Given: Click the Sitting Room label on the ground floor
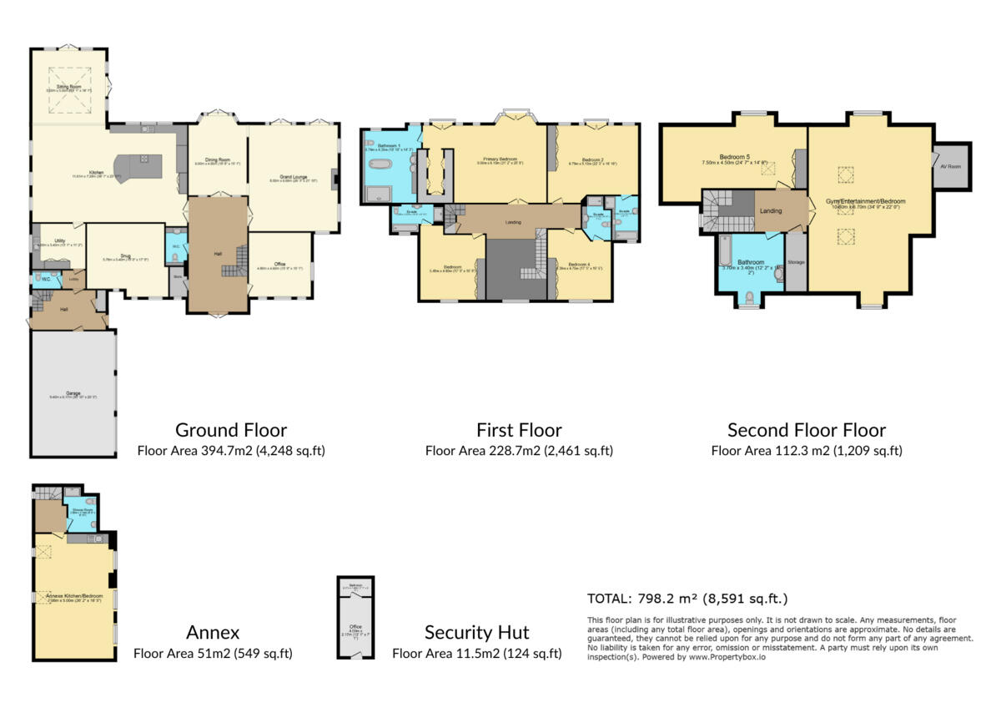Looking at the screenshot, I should pyautogui.click(x=68, y=86).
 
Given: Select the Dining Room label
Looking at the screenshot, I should pyautogui.click(x=218, y=160).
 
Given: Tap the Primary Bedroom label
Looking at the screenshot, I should pyautogui.click(x=500, y=159).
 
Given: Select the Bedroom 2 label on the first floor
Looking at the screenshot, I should pyautogui.click(x=593, y=159).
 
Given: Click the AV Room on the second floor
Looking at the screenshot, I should pyautogui.click(x=950, y=167).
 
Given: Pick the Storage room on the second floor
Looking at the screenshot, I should pyautogui.click(x=796, y=262).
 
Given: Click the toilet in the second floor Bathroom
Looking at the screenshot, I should pyautogui.click(x=748, y=296).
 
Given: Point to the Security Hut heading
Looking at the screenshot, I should pyautogui.click(x=476, y=632).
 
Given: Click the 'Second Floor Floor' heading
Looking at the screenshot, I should pyautogui.click(x=806, y=431).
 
